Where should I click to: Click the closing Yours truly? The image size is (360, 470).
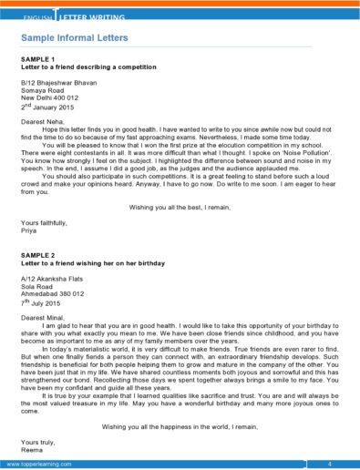(x=37, y=440)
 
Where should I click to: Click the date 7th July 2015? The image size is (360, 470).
(x=46, y=301)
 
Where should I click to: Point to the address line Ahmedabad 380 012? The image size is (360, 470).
(x=52, y=294)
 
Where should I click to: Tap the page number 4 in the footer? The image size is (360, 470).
(x=330, y=465)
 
